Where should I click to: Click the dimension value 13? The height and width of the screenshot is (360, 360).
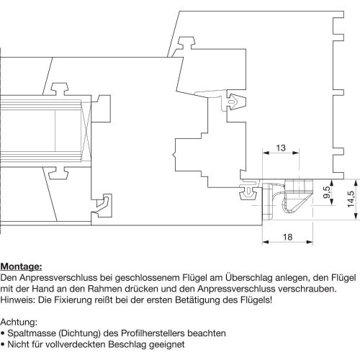point(281,148)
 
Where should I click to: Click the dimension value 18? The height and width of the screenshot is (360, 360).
point(287,237)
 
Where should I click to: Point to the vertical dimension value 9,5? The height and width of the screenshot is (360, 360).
point(326,192)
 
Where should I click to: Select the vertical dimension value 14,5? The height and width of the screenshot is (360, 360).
point(351,199)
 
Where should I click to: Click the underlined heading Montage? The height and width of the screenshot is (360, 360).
point(21,266)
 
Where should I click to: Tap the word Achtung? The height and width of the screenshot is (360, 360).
point(19,322)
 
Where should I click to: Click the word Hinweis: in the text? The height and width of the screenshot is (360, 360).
point(18,300)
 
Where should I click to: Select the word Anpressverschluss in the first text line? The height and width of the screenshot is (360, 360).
point(58,278)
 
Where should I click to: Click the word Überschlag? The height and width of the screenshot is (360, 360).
point(248,278)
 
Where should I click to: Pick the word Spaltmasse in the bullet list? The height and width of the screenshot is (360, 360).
point(32,333)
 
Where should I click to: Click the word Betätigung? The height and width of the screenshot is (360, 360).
point(198,300)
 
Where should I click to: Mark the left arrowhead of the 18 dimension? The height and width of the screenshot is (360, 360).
point(265,242)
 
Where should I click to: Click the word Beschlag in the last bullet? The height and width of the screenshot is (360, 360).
point(127,344)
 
